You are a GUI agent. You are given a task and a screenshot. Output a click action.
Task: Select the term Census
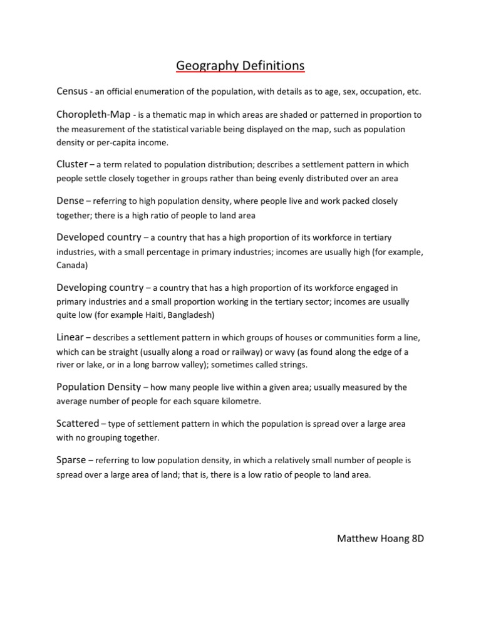click(x=71, y=92)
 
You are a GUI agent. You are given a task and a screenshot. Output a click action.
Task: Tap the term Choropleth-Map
click(x=93, y=115)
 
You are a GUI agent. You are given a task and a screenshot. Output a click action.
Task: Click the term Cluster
click(x=72, y=164)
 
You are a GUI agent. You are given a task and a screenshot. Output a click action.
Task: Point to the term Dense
click(x=71, y=201)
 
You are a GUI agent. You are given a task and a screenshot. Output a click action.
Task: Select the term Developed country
click(x=98, y=238)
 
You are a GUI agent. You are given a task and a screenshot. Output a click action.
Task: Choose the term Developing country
click(x=100, y=287)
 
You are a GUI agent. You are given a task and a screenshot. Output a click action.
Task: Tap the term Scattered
click(x=78, y=424)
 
